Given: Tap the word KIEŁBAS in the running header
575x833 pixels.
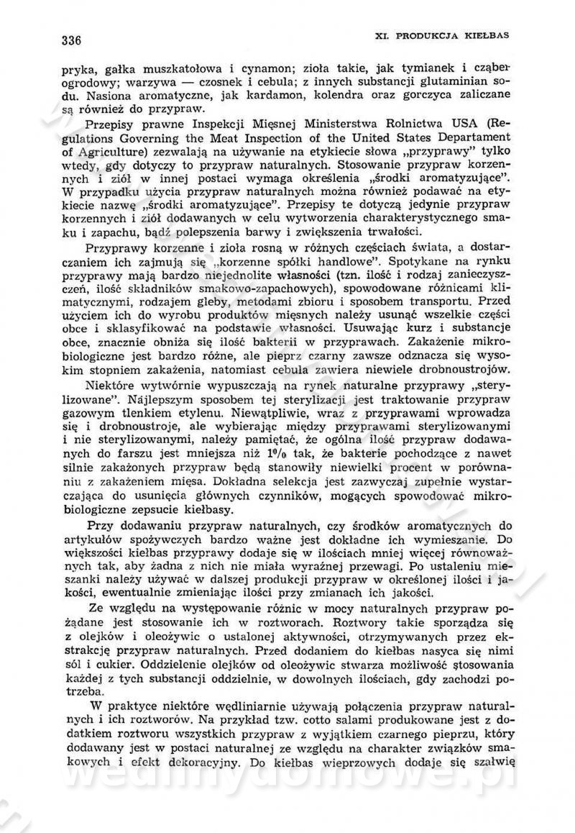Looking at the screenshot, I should [488, 35].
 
